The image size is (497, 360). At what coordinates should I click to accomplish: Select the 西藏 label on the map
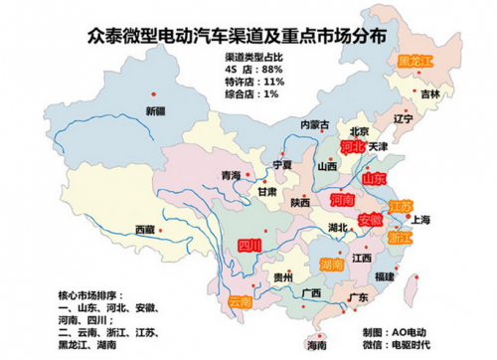tap(146, 229)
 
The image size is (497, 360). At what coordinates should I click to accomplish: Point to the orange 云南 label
tap(241, 300)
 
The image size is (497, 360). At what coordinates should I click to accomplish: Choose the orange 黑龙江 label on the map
tap(415, 62)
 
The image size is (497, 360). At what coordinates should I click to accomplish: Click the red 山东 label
tap(374, 180)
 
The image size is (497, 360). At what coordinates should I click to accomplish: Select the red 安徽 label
tap(368, 220)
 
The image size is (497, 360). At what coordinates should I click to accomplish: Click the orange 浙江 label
tap(399, 239)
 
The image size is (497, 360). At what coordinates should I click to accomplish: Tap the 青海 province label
tap(230, 175)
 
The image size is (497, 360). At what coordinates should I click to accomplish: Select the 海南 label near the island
tap(315, 347)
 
